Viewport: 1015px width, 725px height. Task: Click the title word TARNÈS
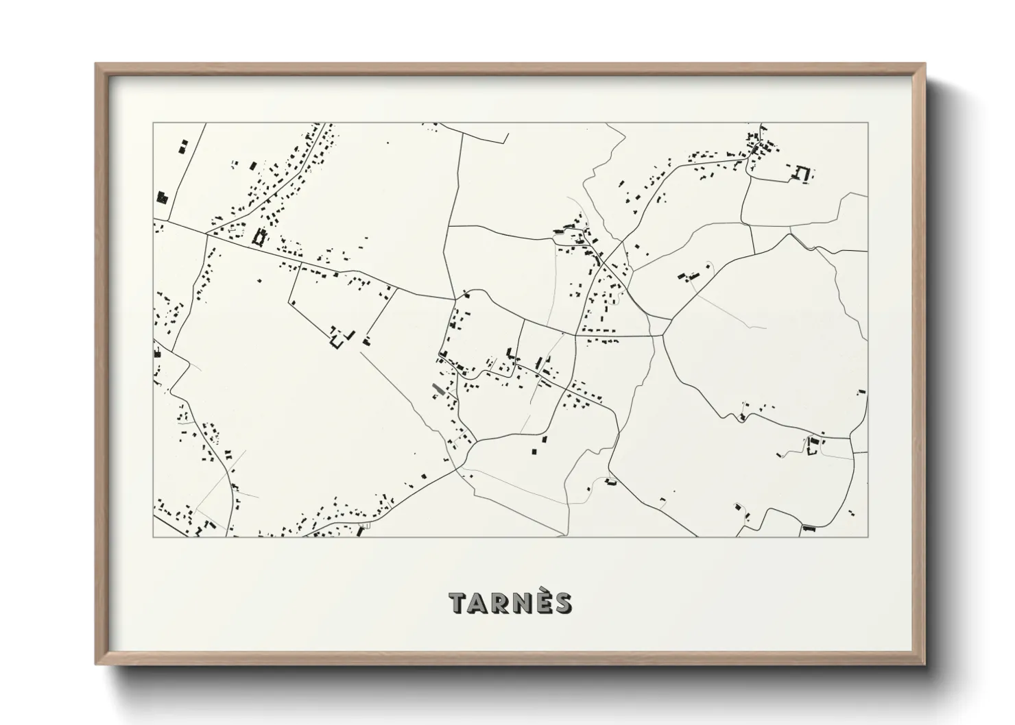tap(510, 603)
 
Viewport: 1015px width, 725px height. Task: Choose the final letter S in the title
tap(562, 604)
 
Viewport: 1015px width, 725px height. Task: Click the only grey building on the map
tap(436, 389)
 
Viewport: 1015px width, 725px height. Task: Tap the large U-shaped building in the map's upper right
tap(801, 173)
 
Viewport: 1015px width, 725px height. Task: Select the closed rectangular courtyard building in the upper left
tap(259, 237)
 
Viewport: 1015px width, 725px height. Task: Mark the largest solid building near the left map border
tap(163, 197)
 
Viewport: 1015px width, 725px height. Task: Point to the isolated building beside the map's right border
tap(861, 392)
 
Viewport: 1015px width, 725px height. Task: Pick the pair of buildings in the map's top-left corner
tap(182, 147)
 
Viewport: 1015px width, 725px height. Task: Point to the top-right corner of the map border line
tap(868, 123)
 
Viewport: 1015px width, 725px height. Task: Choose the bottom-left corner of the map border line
tap(153, 537)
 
